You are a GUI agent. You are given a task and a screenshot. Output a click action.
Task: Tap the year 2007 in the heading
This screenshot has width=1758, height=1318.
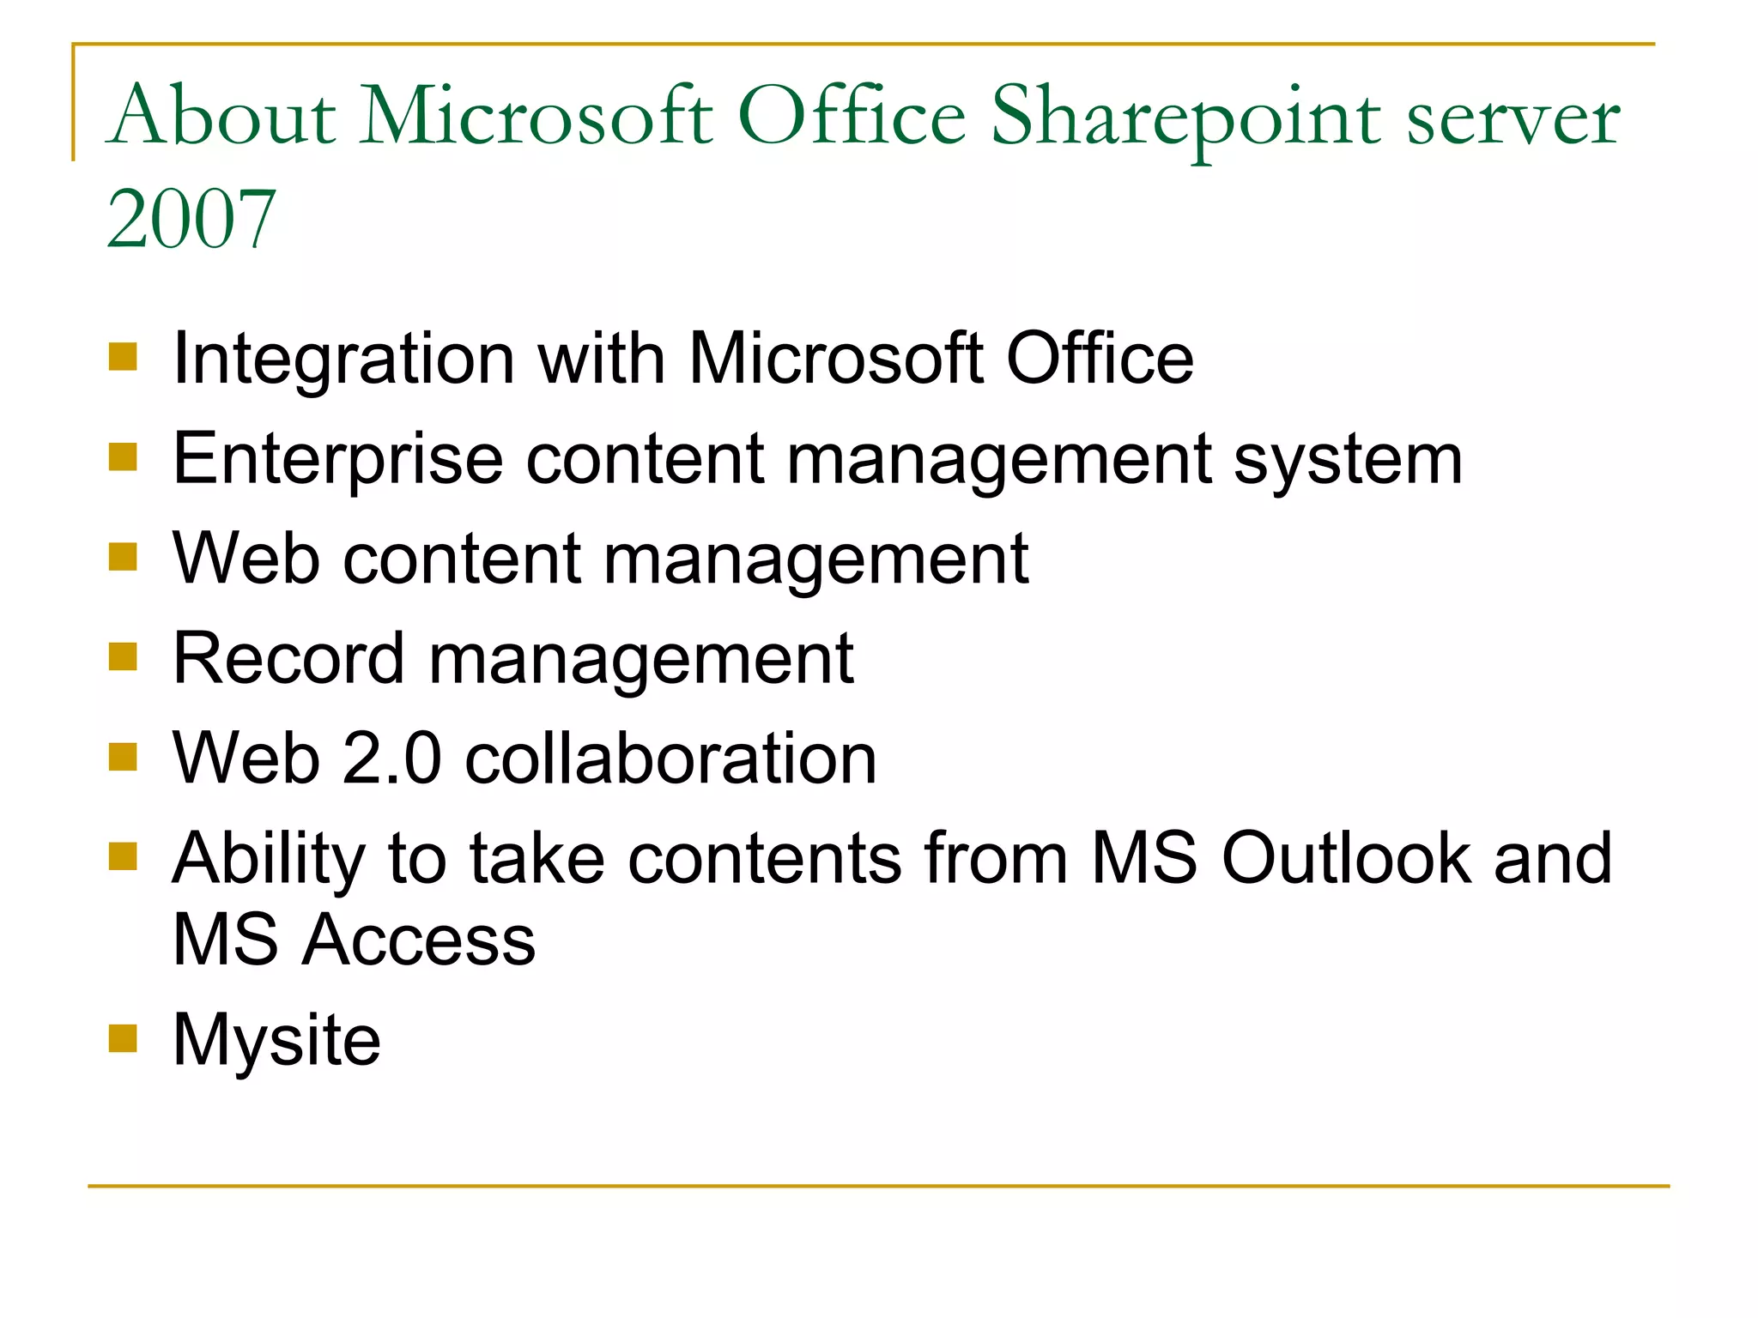pyautogui.click(x=191, y=220)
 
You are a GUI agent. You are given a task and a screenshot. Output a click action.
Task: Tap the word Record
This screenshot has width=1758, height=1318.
pyautogui.click(x=288, y=659)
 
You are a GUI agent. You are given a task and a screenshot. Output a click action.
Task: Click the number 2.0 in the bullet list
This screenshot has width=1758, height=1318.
pyautogui.click(x=391, y=759)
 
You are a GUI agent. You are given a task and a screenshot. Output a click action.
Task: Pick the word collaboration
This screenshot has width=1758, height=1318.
pyautogui.click(x=670, y=759)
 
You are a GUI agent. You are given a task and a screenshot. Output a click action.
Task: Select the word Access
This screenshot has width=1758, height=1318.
pyautogui.click(x=420, y=940)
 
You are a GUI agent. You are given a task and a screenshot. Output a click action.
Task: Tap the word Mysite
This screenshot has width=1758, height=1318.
pyautogui.click(x=276, y=1041)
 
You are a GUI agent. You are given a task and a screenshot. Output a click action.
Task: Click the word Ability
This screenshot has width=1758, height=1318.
pyautogui.click(x=269, y=860)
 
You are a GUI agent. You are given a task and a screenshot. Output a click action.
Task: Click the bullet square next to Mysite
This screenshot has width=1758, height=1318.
pyautogui.click(x=124, y=1038)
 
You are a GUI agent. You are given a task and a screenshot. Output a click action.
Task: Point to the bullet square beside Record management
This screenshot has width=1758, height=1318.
pyautogui.click(x=124, y=657)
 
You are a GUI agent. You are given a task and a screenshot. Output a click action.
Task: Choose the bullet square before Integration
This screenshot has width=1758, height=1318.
pyautogui.click(x=124, y=357)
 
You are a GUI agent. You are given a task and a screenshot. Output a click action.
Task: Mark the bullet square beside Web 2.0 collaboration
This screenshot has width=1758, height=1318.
pyautogui.click(x=124, y=757)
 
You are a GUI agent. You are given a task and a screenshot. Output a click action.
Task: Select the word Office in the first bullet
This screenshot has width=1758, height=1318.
pyautogui.click(x=1100, y=359)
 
